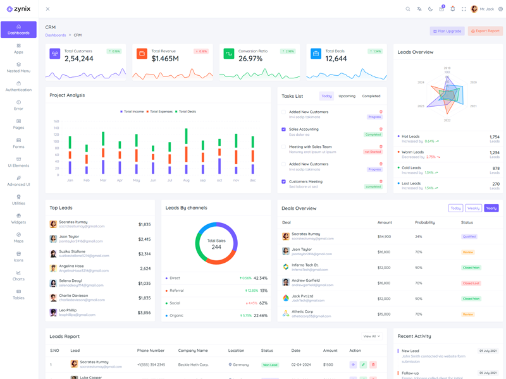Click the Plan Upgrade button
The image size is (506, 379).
point(447,31)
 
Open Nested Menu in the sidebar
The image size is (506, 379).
point(18,68)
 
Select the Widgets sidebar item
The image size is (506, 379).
point(18,219)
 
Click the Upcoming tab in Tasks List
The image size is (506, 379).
point(347,96)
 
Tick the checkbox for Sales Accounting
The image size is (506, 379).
point(283,129)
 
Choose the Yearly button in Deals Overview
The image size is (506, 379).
point(491,208)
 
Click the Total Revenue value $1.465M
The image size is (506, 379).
point(165,59)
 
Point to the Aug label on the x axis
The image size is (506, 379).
point(186,181)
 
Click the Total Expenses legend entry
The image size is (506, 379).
point(161,112)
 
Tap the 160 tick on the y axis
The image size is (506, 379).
point(56,121)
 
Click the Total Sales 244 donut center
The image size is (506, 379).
point(216,244)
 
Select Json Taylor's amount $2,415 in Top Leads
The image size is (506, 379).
point(144,239)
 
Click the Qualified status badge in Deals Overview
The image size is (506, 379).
point(469,237)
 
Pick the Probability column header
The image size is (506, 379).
point(425,222)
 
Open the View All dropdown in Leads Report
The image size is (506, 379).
point(371,337)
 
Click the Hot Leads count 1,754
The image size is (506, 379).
point(494,136)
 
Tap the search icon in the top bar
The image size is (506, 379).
point(408,9)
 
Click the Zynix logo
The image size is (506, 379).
point(18,9)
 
